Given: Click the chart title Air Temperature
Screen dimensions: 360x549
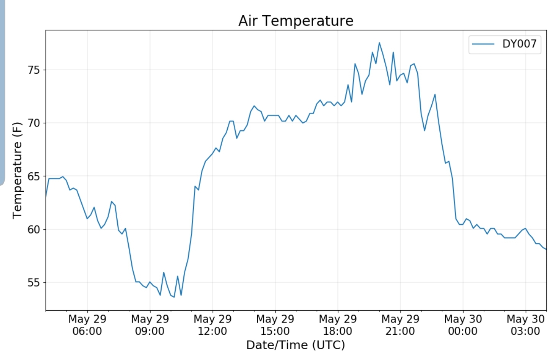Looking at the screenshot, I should click(x=296, y=21).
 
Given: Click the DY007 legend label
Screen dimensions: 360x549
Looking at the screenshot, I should click(x=519, y=44).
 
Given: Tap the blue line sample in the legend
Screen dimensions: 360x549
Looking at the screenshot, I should click(x=483, y=44).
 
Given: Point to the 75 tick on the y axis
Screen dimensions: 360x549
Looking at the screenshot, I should click(x=34, y=70).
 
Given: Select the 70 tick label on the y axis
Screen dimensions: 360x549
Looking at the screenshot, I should click(x=34, y=123).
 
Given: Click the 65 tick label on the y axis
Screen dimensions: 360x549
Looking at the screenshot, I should click(x=34, y=177).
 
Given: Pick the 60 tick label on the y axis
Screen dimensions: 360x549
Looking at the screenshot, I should click(x=34, y=230).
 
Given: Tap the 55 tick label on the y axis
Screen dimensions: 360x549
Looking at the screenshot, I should click(x=34, y=283).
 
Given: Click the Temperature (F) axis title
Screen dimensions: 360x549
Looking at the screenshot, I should click(x=17, y=170).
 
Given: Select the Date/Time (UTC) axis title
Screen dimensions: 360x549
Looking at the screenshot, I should click(x=295, y=345).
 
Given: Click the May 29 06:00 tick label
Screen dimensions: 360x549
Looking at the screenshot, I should click(x=87, y=325).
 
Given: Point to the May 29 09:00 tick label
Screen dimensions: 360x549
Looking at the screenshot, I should click(x=150, y=325).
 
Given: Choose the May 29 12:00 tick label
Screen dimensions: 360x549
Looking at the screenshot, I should click(x=212, y=325).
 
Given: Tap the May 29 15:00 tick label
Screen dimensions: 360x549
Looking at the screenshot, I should click(x=275, y=325).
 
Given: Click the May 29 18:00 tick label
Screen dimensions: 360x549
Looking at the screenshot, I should click(x=338, y=325).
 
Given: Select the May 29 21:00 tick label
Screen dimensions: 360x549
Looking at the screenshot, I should click(x=400, y=325).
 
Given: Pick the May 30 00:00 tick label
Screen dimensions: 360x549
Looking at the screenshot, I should click(x=463, y=325).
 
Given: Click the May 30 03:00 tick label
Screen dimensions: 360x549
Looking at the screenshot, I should click(x=525, y=325).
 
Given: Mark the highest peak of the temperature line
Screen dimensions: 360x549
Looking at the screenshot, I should click(x=379, y=43).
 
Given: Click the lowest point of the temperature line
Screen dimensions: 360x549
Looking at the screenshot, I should click(x=174, y=297).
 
